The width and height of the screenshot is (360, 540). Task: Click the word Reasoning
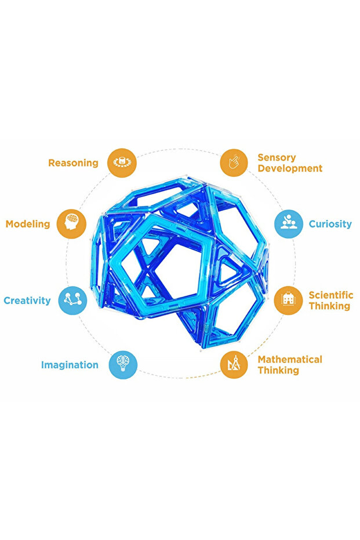(73, 163)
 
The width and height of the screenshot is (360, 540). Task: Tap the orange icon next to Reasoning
(122, 162)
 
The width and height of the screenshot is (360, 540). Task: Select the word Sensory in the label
(277, 158)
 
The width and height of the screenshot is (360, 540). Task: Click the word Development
(290, 168)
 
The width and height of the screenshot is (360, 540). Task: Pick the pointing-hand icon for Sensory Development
(234, 162)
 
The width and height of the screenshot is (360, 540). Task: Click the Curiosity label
(330, 224)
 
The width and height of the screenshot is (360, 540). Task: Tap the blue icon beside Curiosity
(289, 224)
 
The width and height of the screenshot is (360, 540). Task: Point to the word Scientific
(331, 295)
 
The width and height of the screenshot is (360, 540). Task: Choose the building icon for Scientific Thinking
(289, 300)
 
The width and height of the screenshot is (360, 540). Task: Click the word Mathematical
(290, 360)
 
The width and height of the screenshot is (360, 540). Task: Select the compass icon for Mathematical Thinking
(234, 365)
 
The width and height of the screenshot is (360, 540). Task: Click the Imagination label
(70, 365)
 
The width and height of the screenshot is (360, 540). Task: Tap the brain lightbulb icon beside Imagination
(123, 365)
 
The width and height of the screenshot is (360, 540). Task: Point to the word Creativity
(27, 300)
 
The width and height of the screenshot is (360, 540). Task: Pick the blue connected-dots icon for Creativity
(72, 300)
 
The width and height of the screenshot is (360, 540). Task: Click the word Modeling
(28, 224)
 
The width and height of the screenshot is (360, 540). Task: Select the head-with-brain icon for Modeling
(71, 224)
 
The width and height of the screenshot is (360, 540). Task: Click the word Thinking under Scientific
(329, 306)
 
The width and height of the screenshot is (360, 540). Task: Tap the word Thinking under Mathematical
(278, 371)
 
